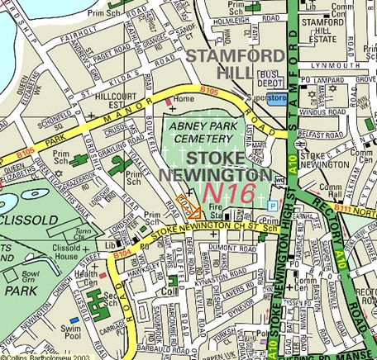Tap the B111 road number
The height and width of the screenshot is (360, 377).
tap(339, 212)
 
